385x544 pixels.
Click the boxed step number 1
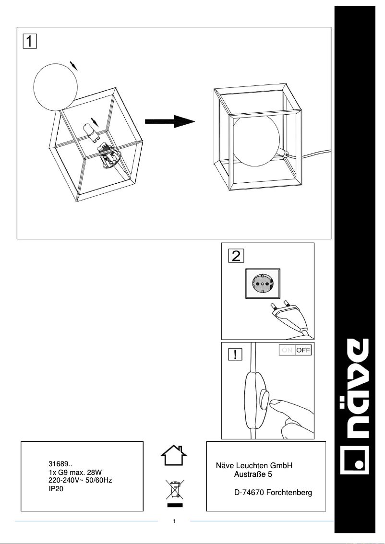tap(29, 41)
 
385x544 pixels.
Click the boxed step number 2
tap(236, 256)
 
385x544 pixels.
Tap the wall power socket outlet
tap(262, 284)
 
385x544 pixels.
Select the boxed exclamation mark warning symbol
tap(234, 355)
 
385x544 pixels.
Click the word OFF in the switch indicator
tap(303, 350)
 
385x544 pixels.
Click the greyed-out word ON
tap(287, 350)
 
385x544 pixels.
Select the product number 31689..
tap(60, 464)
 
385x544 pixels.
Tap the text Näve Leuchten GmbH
tap(254, 466)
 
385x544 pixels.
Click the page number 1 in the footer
tap(175, 521)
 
